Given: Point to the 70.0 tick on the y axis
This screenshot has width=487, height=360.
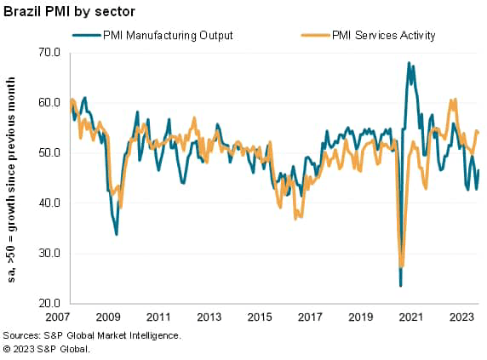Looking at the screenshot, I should tap(49, 53).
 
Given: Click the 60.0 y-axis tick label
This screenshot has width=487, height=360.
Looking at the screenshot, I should tap(49, 103).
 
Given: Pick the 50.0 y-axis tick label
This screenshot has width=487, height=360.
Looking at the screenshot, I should tap(49, 153).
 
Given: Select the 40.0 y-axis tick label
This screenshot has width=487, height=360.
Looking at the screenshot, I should tap(49, 203).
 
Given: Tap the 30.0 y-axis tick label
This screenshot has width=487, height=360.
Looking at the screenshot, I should tap(49, 254).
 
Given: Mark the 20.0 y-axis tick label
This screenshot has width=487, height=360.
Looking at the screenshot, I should tap(49, 304).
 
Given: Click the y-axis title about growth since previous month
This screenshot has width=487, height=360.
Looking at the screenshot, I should tap(13, 179).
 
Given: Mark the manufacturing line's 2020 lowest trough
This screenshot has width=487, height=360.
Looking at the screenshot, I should tap(400, 285).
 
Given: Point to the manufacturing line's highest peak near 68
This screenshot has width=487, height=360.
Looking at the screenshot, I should tap(410, 63).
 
